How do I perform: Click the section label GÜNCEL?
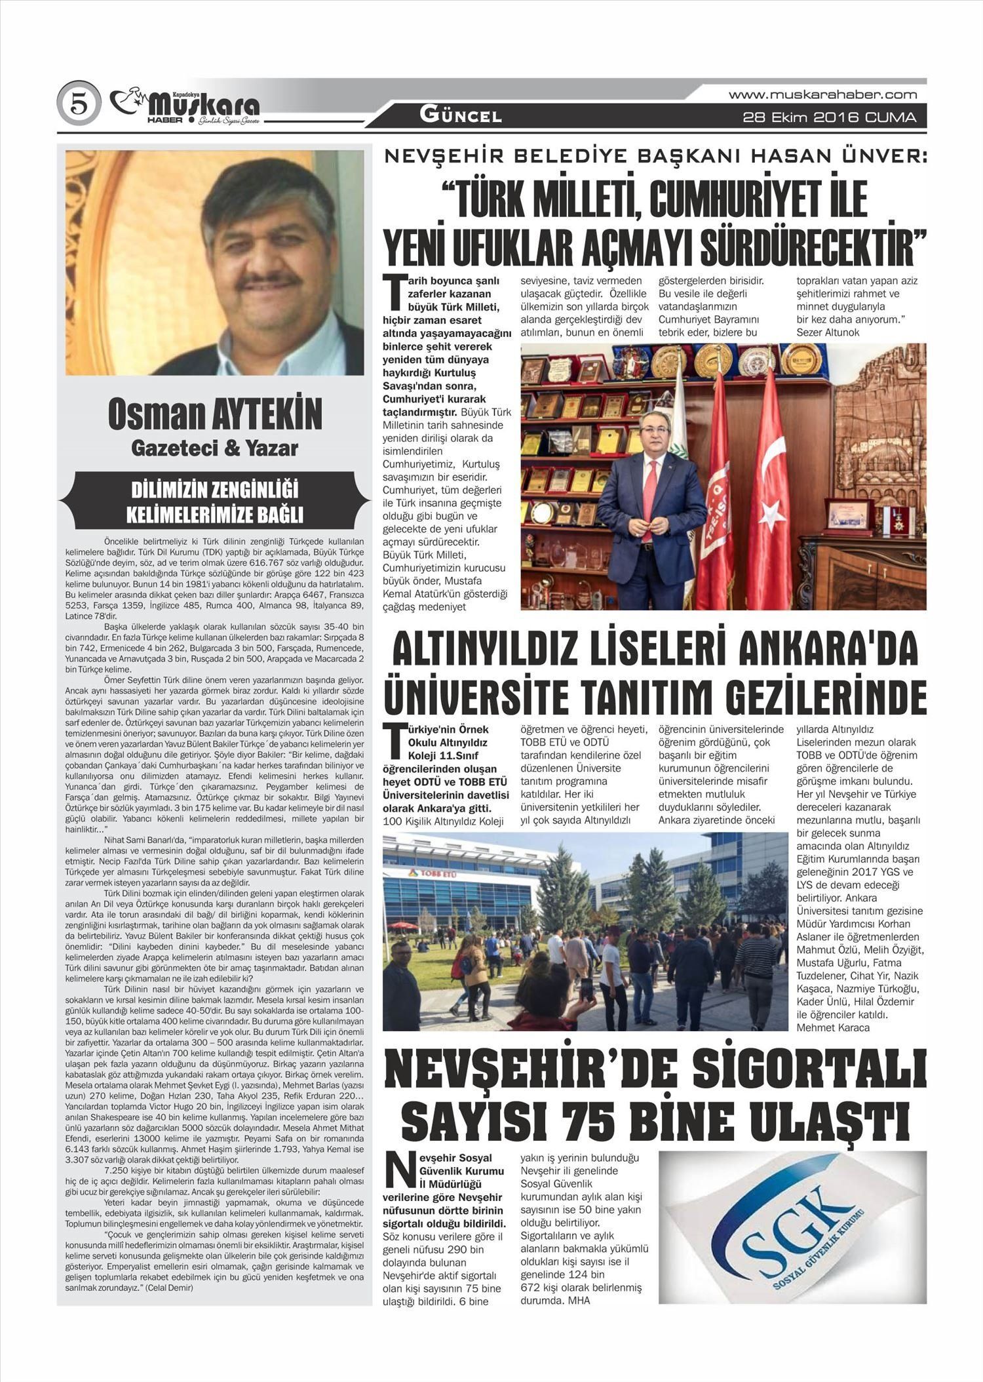461,116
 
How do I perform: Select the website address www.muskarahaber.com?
822,95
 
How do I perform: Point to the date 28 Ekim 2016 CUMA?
829,118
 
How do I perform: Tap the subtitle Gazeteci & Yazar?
215,448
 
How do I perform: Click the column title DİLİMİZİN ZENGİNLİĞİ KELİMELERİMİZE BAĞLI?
215,502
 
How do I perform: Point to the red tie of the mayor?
649,492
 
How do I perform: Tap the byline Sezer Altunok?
828,332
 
